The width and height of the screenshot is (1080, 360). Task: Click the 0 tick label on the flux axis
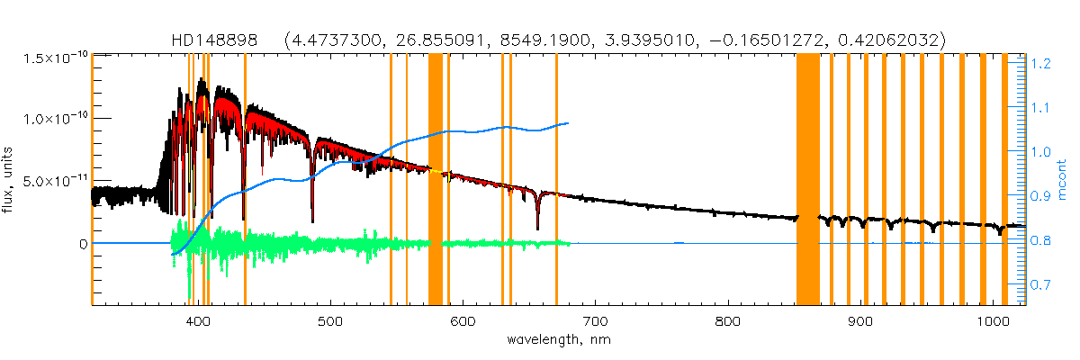pos(84,243)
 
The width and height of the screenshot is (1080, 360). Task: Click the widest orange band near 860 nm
pos(807,180)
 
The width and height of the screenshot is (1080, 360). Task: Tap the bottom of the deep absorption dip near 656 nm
pos(537,229)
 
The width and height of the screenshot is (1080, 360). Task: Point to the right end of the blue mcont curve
pos(567,123)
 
